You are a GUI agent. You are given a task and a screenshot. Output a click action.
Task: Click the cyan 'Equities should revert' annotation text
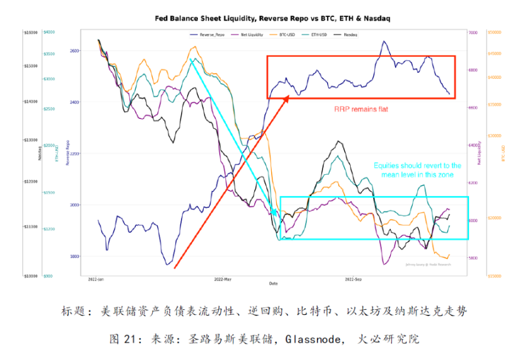click(417, 170)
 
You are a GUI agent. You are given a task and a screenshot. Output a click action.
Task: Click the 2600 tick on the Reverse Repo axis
click(75, 50)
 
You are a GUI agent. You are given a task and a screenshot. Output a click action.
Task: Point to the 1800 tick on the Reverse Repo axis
click(75, 257)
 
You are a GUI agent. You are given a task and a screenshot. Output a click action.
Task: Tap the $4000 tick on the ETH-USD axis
click(49, 32)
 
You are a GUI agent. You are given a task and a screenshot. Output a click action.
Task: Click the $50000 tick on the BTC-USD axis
click(496, 32)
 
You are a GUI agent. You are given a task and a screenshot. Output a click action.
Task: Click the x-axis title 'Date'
click(274, 284)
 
